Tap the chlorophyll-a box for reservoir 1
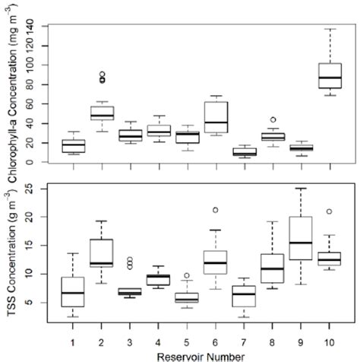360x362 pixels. pos(74,145)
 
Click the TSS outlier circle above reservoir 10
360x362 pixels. pos(329,212)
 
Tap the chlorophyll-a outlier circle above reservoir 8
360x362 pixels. pos(273,119)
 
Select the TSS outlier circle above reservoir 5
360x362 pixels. pos(188,276)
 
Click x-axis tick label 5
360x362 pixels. pos(188,341)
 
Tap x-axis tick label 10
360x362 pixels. pos(329,341)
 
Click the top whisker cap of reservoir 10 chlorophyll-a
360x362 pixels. pos(329,29)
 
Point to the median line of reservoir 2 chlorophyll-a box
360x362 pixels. pos(102,116)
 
